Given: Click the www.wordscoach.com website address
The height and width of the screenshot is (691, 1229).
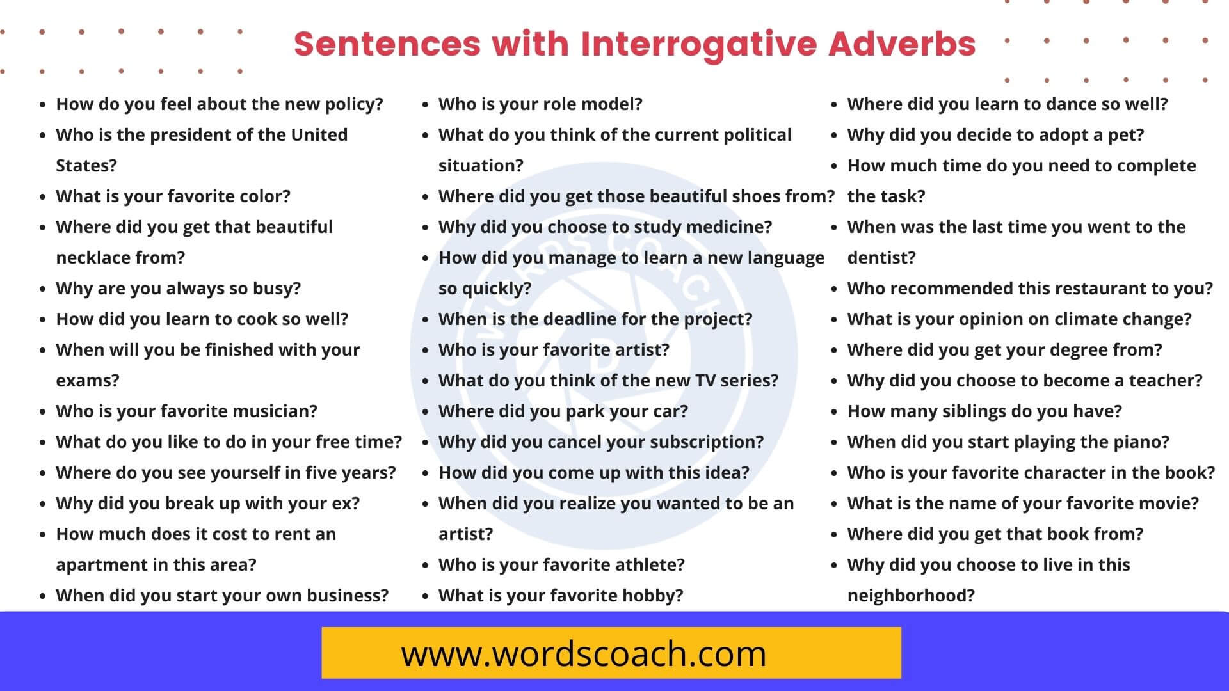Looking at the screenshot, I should (583, 654).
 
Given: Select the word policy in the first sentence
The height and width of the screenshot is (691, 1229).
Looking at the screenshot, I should (351, 104).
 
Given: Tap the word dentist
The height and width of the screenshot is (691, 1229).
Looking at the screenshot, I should (881, 258).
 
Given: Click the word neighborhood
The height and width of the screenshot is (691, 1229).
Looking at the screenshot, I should (910, 596).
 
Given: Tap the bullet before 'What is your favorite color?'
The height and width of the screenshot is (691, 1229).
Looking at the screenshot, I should (42, 197).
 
